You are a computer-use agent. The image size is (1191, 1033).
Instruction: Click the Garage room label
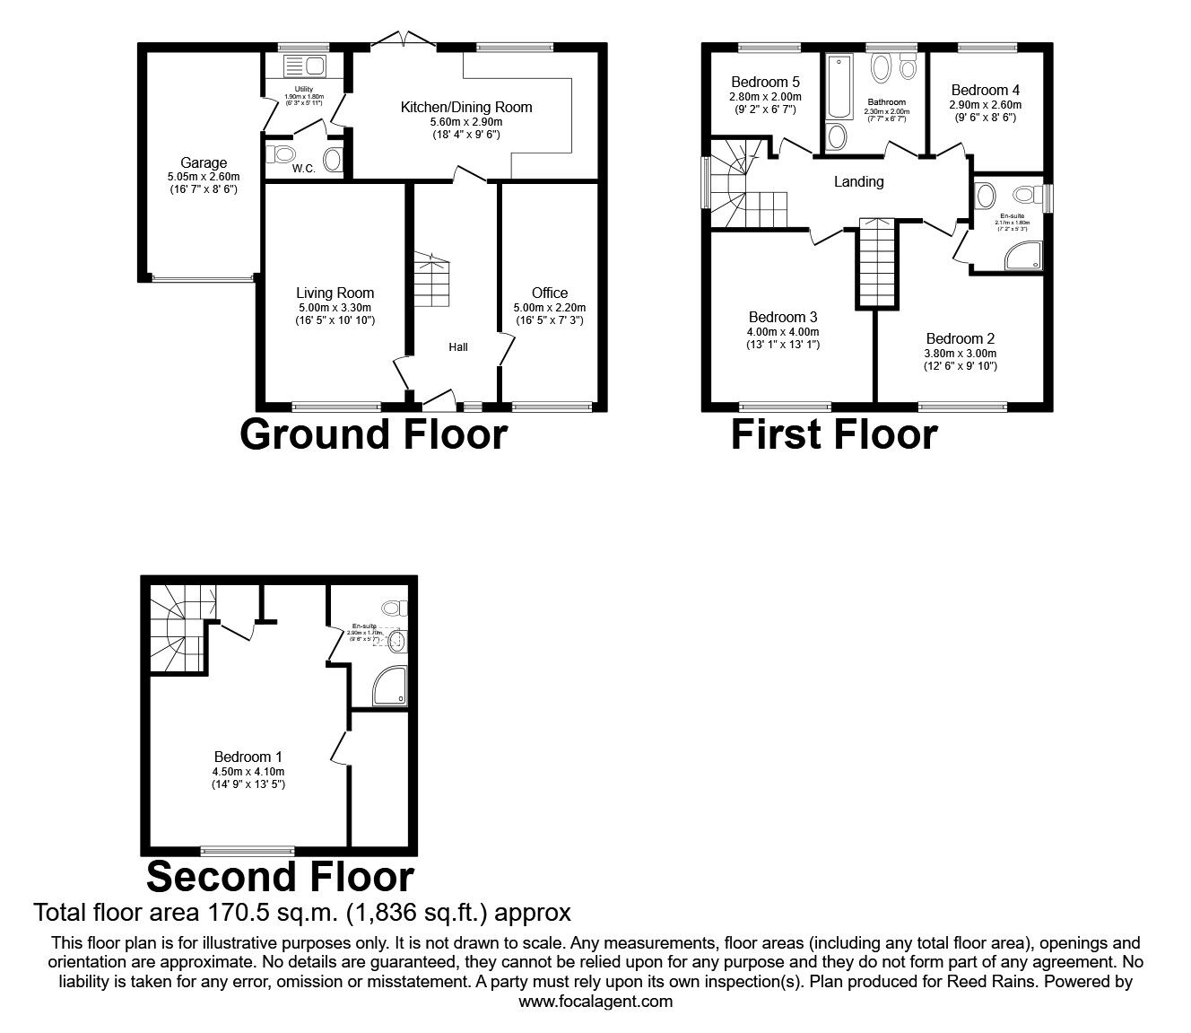[x=204, y=163]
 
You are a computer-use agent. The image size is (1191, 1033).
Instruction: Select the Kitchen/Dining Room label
[x=465, y=108]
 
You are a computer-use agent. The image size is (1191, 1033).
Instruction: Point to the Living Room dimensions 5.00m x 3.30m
[x=335, y=307]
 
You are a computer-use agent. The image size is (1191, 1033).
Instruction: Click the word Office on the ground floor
[x=550, y=293]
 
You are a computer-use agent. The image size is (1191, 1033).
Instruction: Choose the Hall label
[x=458, y=347]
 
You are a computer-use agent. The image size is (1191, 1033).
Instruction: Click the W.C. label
[x=303, y=168]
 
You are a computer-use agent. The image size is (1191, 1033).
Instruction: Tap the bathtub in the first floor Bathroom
[x=839, y=88]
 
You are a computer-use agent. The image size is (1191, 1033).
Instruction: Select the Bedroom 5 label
[x=765, y=83]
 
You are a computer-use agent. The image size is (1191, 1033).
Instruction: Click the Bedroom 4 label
[x=986, y=90]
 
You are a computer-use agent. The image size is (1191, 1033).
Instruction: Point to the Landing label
[x=859, y=182]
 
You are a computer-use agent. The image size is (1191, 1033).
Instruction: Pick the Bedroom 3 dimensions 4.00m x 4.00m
[x=783, y=331]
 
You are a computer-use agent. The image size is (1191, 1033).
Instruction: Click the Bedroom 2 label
[x=961, y=338]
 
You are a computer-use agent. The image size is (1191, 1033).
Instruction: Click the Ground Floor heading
[x=374, y=434]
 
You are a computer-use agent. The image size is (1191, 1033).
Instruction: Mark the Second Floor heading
[x=281, y=877]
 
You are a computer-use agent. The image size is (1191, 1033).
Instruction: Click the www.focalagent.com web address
[x=595, y=1002]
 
